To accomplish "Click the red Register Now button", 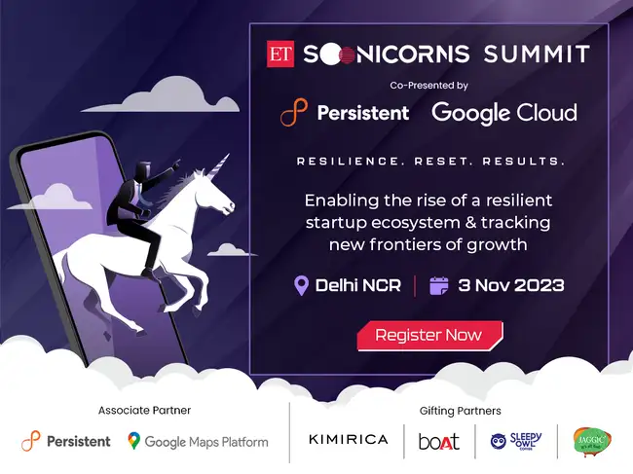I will [428, 335].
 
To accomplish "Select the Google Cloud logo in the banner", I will [503, 112].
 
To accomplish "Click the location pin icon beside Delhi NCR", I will [302, 286].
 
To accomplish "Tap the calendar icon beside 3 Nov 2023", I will [439, 286].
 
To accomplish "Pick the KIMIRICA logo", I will [348, 440].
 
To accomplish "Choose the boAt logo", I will [438, 441].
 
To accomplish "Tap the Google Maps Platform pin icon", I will [133, 441].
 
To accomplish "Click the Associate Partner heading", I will [144, 411].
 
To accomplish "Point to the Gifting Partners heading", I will [461, 411].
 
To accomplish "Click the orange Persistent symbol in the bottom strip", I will [31, 441].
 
